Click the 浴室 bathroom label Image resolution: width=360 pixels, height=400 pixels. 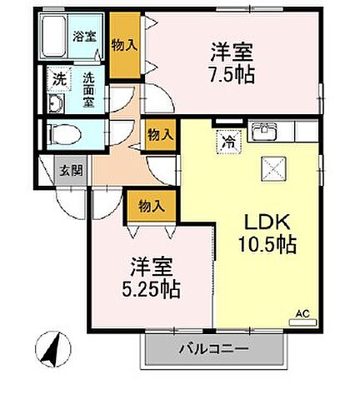84,37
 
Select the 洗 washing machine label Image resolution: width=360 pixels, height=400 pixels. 58,79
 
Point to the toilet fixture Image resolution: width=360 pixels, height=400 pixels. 63,132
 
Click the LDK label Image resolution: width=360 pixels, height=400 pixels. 265,223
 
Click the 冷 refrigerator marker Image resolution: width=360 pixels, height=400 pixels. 227,142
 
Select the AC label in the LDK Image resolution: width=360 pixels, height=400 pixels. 302,314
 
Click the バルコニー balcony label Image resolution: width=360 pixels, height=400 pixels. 212,349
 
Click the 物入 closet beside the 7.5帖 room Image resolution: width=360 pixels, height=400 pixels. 124,45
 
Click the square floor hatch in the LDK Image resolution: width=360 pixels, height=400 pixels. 274,170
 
